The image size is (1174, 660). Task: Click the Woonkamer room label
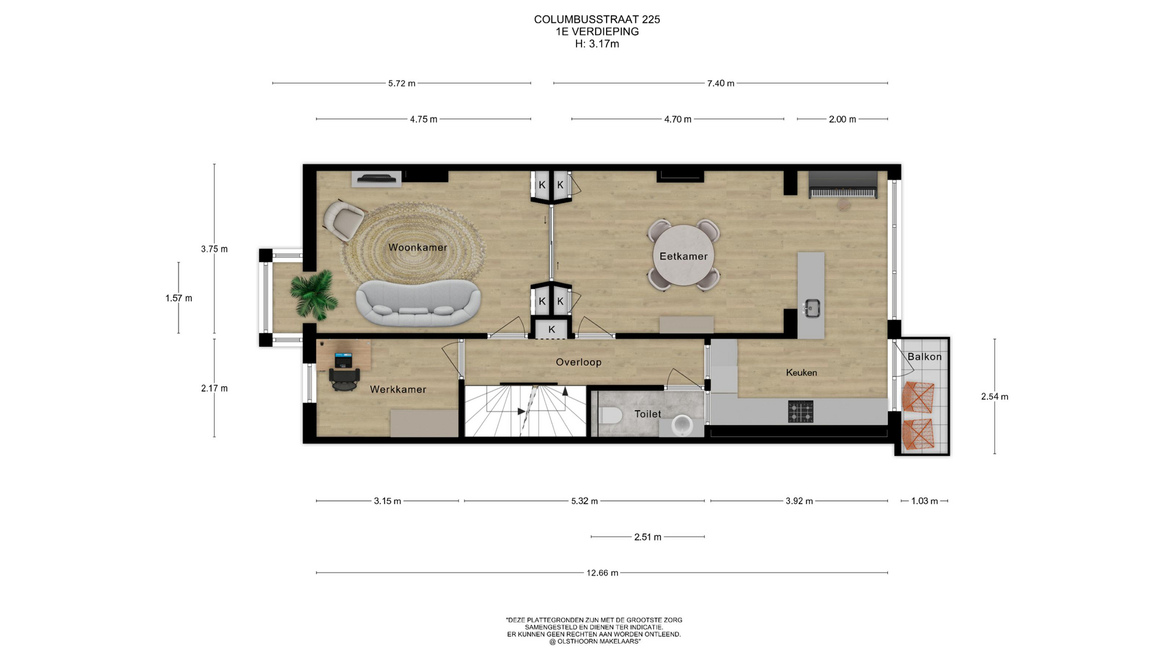[x=418, y=248]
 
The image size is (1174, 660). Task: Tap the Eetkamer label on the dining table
[x=683, y=256]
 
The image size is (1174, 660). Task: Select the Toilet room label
[x=648, y=414]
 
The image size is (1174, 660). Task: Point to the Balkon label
[x=924, y=356]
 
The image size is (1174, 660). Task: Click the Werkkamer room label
[x=398, y=389]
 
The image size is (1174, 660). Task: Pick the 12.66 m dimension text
[x=602, y=573]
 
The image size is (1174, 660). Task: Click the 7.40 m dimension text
[x=720, y=83]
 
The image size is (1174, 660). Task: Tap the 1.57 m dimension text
[x=179, y=298]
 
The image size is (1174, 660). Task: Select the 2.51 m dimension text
[x=648, y=537]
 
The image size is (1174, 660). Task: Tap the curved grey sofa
[x=418, y=302]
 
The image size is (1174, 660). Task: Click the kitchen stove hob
[x=800, y=411]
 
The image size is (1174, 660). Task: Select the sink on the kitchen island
[x=811, y=308]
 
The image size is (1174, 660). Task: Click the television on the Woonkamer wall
[x=376, y=178]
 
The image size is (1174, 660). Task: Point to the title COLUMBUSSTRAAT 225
[x=597, y=20]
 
